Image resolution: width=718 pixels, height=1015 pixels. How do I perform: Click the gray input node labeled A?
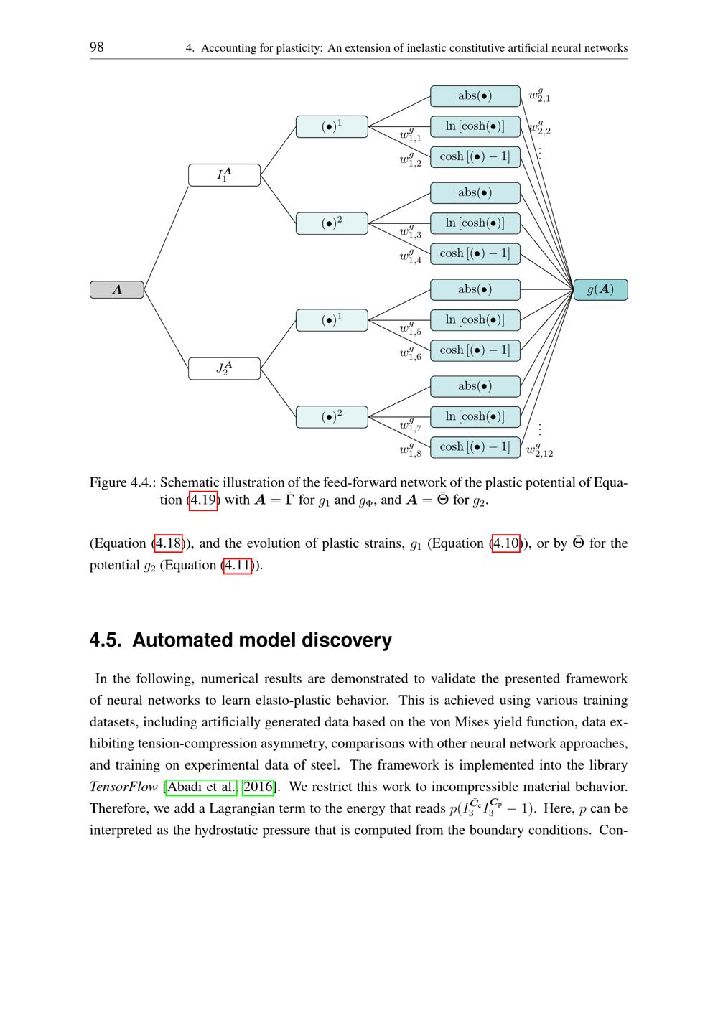point(117,289)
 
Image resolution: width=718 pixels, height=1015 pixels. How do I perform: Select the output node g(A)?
point(600,289)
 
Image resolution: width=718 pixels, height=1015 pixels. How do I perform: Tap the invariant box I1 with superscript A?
point(224,175)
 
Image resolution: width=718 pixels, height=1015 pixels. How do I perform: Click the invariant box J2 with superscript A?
point(224,368)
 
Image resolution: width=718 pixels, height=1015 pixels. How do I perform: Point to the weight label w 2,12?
point(539,450)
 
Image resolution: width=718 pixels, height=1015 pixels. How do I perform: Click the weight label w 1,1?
point(410,135)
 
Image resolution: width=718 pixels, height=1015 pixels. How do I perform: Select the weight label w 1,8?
point(410,450)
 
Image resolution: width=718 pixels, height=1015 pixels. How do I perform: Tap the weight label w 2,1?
point(539,95)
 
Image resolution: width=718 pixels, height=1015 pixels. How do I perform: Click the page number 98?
point(96,47)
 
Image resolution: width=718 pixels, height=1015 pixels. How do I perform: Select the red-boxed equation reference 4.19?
point(203,500)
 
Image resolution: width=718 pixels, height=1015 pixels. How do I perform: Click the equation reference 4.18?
point(169,543)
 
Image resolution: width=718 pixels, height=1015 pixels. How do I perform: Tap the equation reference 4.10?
point(506,543)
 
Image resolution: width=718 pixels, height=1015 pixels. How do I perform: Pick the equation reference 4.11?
point(238,565)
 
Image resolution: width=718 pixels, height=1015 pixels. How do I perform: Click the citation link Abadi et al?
point(202,787)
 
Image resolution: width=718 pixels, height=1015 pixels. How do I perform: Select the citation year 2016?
point(258,787)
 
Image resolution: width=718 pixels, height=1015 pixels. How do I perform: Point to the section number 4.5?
point(105,640)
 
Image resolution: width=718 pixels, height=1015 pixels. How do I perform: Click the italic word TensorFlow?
point(123,787)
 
